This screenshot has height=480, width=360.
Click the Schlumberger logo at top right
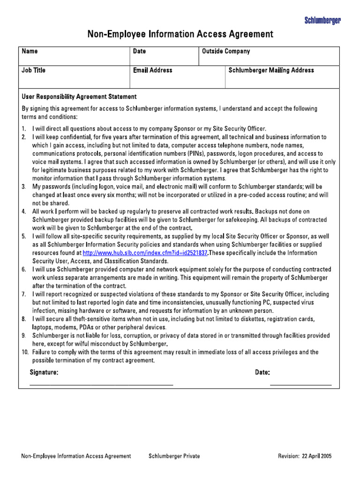click(x=322, y=20)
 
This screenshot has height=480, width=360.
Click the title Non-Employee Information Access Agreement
click(x=180, y=34)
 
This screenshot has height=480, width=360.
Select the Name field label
click(x=30, y=52)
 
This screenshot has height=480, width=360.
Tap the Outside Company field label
click(x=225, y=52)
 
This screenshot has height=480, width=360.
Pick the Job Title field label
click(x=33, y=70)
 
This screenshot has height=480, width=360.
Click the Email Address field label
click(x=152, y=70)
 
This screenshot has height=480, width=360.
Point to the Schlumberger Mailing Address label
click(x=271, y=70)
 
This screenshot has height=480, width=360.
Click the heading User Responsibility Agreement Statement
click(x=79, y=97)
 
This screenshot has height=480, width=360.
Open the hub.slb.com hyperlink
click(x=145, y=253)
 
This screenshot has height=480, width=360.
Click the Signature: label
click(x=44, y=372)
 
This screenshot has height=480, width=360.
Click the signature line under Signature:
click(x=101, y=384)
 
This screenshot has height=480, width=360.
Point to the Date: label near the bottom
click(x=262, y=372)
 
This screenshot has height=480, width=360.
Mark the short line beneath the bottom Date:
click(x=300, y=384)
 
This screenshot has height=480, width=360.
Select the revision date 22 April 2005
click(x=316, y=456)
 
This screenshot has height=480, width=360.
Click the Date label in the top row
click(x=139, y=52)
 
